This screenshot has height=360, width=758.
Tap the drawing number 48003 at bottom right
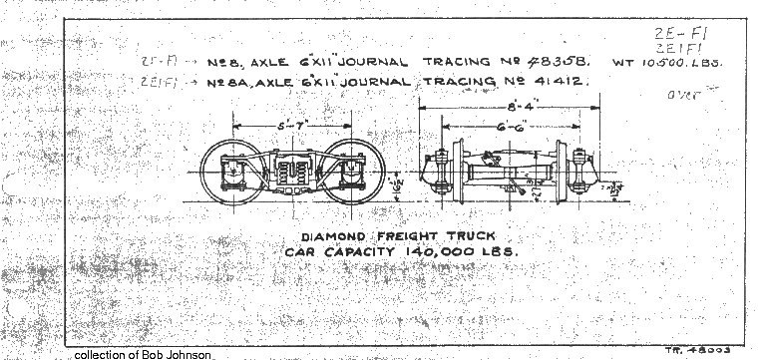tap(724, 350)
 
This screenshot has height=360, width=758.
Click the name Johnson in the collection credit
tap(187, 354)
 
